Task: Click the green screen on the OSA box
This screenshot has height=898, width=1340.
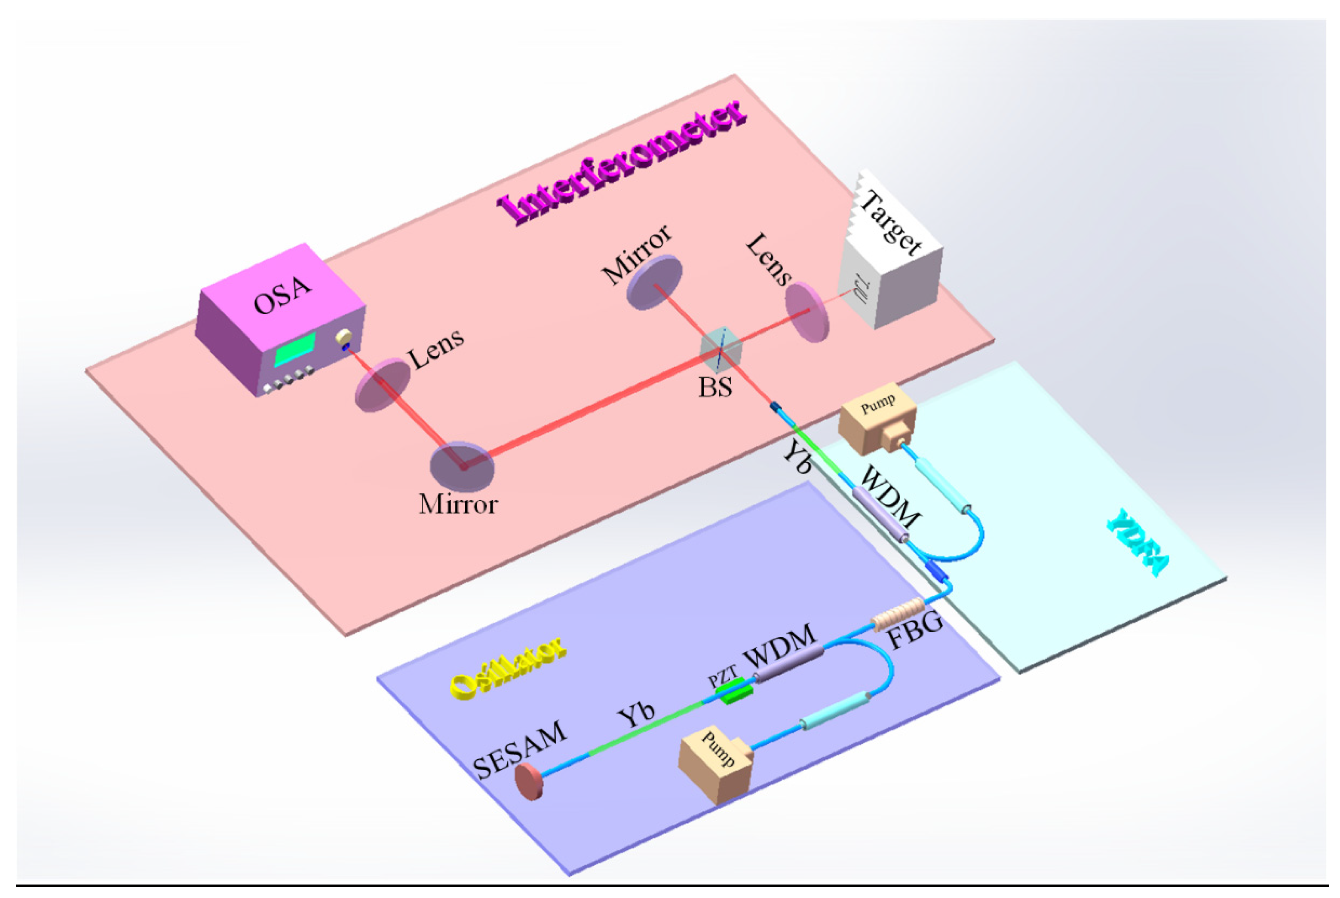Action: pyautogui.click(x=295, y=350)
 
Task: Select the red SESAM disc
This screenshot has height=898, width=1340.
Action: pyautogui.click(x=528, y=782)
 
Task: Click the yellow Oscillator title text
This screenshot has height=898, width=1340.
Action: pyautogui.click(x=507, y=667)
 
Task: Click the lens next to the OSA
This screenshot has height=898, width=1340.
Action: pyautogui.click(x=382, y=385)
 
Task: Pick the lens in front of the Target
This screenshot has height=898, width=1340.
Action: pyautogui.click(x=806, y=312)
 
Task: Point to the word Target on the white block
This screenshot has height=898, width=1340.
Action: pyautogui.click(x=891, y=224)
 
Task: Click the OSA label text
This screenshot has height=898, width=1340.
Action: pyautogui.click(x=282, y=296)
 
